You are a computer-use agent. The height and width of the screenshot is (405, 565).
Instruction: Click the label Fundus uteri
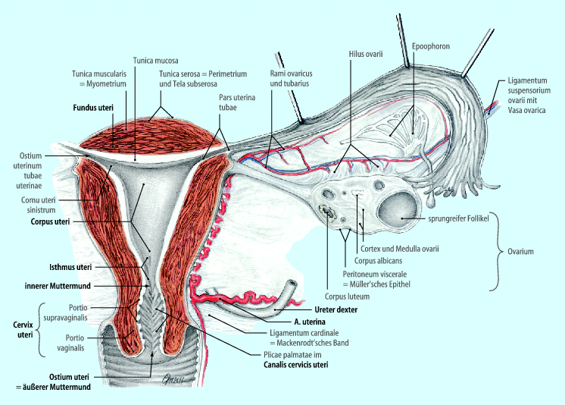click(93, 108)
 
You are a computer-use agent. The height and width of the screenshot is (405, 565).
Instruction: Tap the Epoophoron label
click(431, 46)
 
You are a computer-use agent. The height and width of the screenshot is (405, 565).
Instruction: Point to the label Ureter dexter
click(336, 310)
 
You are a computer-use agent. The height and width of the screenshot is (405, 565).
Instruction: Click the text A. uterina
click(292, 322)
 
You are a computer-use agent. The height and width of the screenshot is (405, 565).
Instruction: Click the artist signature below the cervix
click(176, 381)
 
